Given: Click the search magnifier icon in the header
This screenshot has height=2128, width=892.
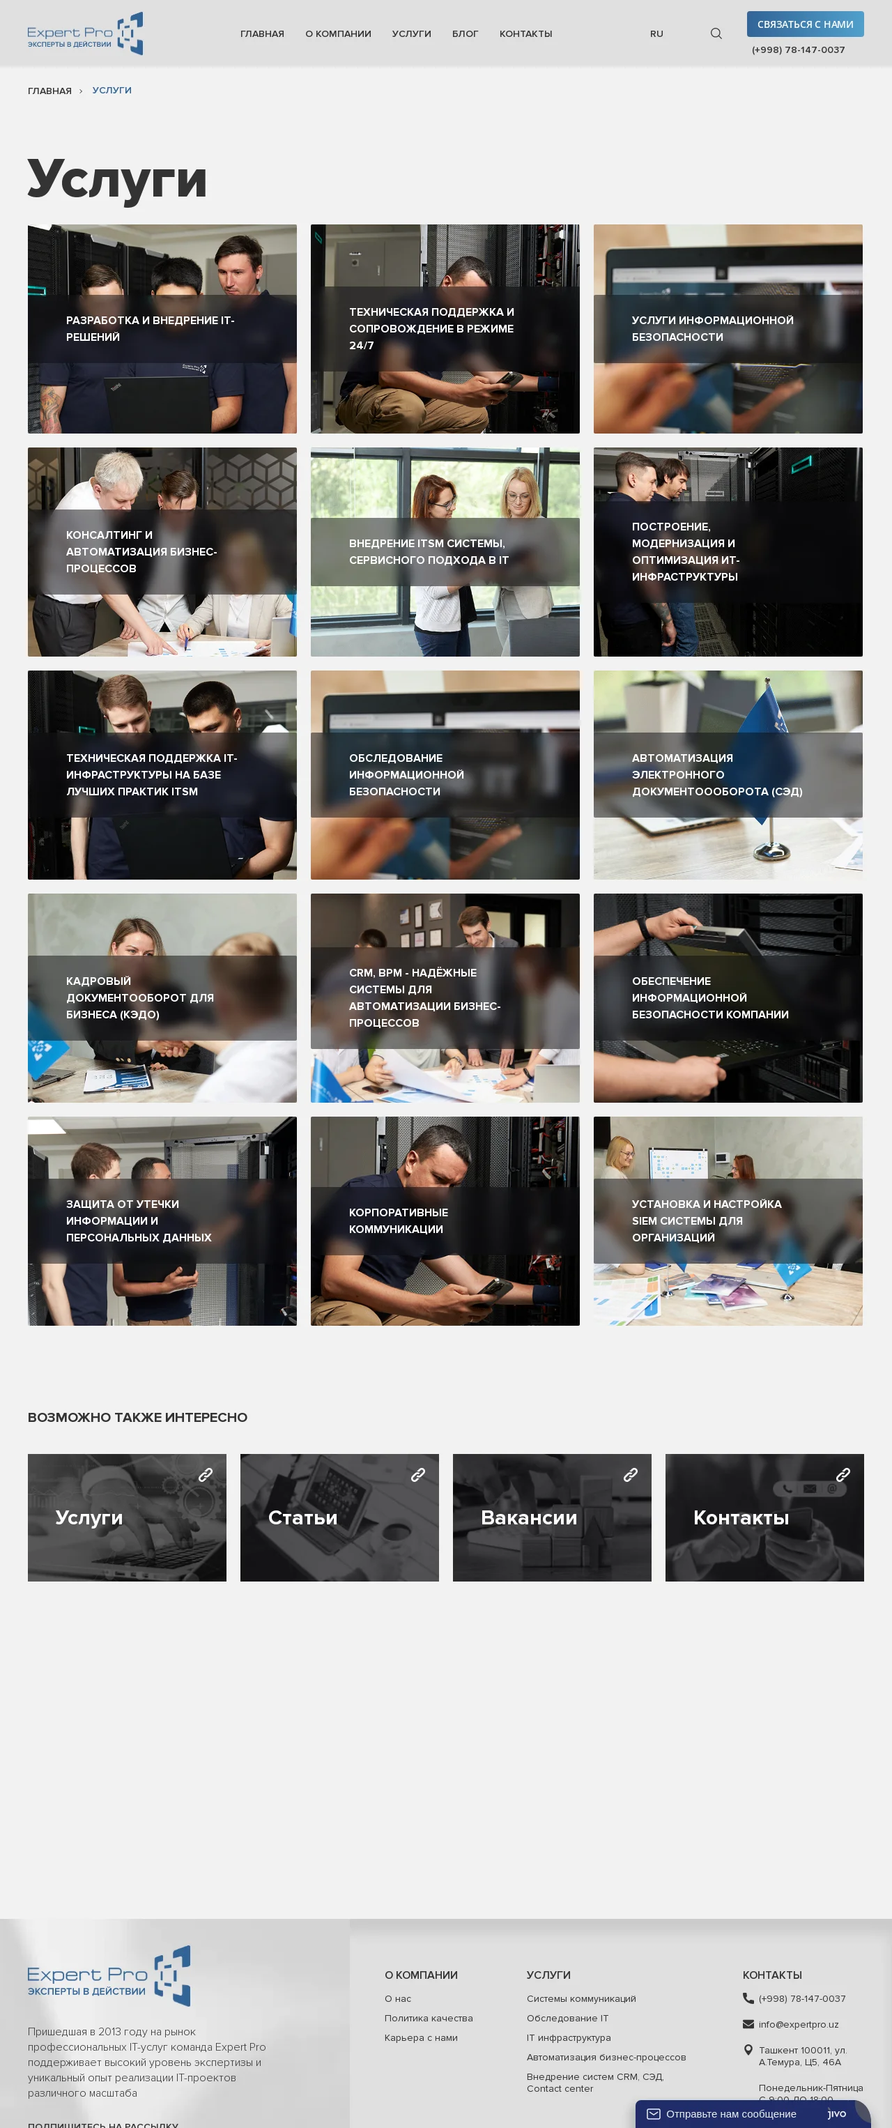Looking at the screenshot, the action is (x=716, y=34).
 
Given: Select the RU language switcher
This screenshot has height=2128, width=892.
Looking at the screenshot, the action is (x=656, y=34).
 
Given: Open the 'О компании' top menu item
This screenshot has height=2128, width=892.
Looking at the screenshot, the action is (x=338, y=34).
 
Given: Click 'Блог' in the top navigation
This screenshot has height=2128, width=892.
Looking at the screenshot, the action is (x=465, y=34).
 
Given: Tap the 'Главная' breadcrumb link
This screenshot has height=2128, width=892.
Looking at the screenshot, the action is (x=49, y=91).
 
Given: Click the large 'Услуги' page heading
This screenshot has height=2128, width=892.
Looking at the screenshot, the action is (x=117, y=178).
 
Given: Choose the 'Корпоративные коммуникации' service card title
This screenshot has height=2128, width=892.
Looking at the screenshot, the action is (x=398, y=1221).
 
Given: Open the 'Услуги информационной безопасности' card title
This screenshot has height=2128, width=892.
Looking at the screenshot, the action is (x=712, y=329).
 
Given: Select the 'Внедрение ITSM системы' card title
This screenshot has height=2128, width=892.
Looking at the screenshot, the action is (x=429, y=552).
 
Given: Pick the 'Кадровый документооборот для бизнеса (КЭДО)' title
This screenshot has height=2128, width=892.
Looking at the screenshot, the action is (x=139, y=998).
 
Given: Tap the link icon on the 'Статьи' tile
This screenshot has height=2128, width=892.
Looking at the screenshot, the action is (x=418, y=1475).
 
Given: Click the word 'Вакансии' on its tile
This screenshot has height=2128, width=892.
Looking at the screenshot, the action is (x=529, y=1517).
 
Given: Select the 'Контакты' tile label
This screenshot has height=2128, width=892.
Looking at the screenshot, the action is (x=741, y=1517).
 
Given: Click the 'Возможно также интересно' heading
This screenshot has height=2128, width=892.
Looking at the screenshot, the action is (x=137, y=1418).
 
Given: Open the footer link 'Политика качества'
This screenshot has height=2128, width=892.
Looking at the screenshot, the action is (x=429, y=2018).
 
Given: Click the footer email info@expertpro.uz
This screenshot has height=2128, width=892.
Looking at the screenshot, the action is (x=799, y=2024).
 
